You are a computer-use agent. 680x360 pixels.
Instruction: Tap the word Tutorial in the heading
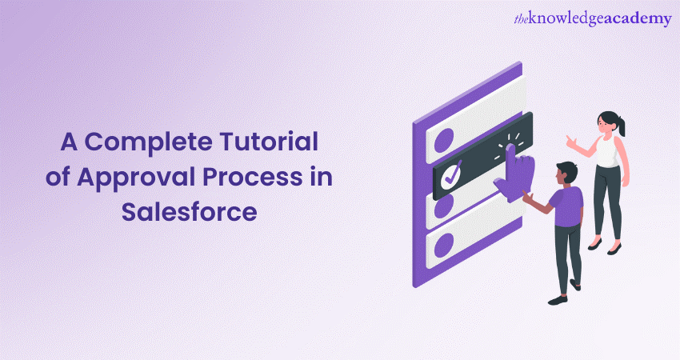pyautogui.click(x=269, y=142)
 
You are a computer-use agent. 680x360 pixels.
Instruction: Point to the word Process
pyautogui.click(x=252, y=178)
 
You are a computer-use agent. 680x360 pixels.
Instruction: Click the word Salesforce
pyautogui.click(x=189, y=212)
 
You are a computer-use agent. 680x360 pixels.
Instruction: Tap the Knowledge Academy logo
pyautogui.click(x=592, y=18)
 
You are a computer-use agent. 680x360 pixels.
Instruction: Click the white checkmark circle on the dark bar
pyautogui.click(x=451, y=174)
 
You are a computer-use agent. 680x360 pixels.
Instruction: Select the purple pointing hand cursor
pyautogui.click(x=514, y=173)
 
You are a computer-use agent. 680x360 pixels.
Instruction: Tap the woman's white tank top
pyautogui.click(x=606, y=151)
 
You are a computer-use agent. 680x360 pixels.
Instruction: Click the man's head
pyautogui.click(x=566, y=174)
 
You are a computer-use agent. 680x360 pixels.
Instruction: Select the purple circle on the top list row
pyautogui.click(x=444, y=141)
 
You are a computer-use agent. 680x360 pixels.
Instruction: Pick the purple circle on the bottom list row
pyautogui.click(x=444, y=246)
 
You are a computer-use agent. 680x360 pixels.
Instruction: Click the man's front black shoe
pyautogui.click(x=558, y=300)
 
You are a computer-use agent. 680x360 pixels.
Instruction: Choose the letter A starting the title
pyautogui.click(x=69, y=142)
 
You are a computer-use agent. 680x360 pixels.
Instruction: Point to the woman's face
pyautogui.click(x=605, y=123)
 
